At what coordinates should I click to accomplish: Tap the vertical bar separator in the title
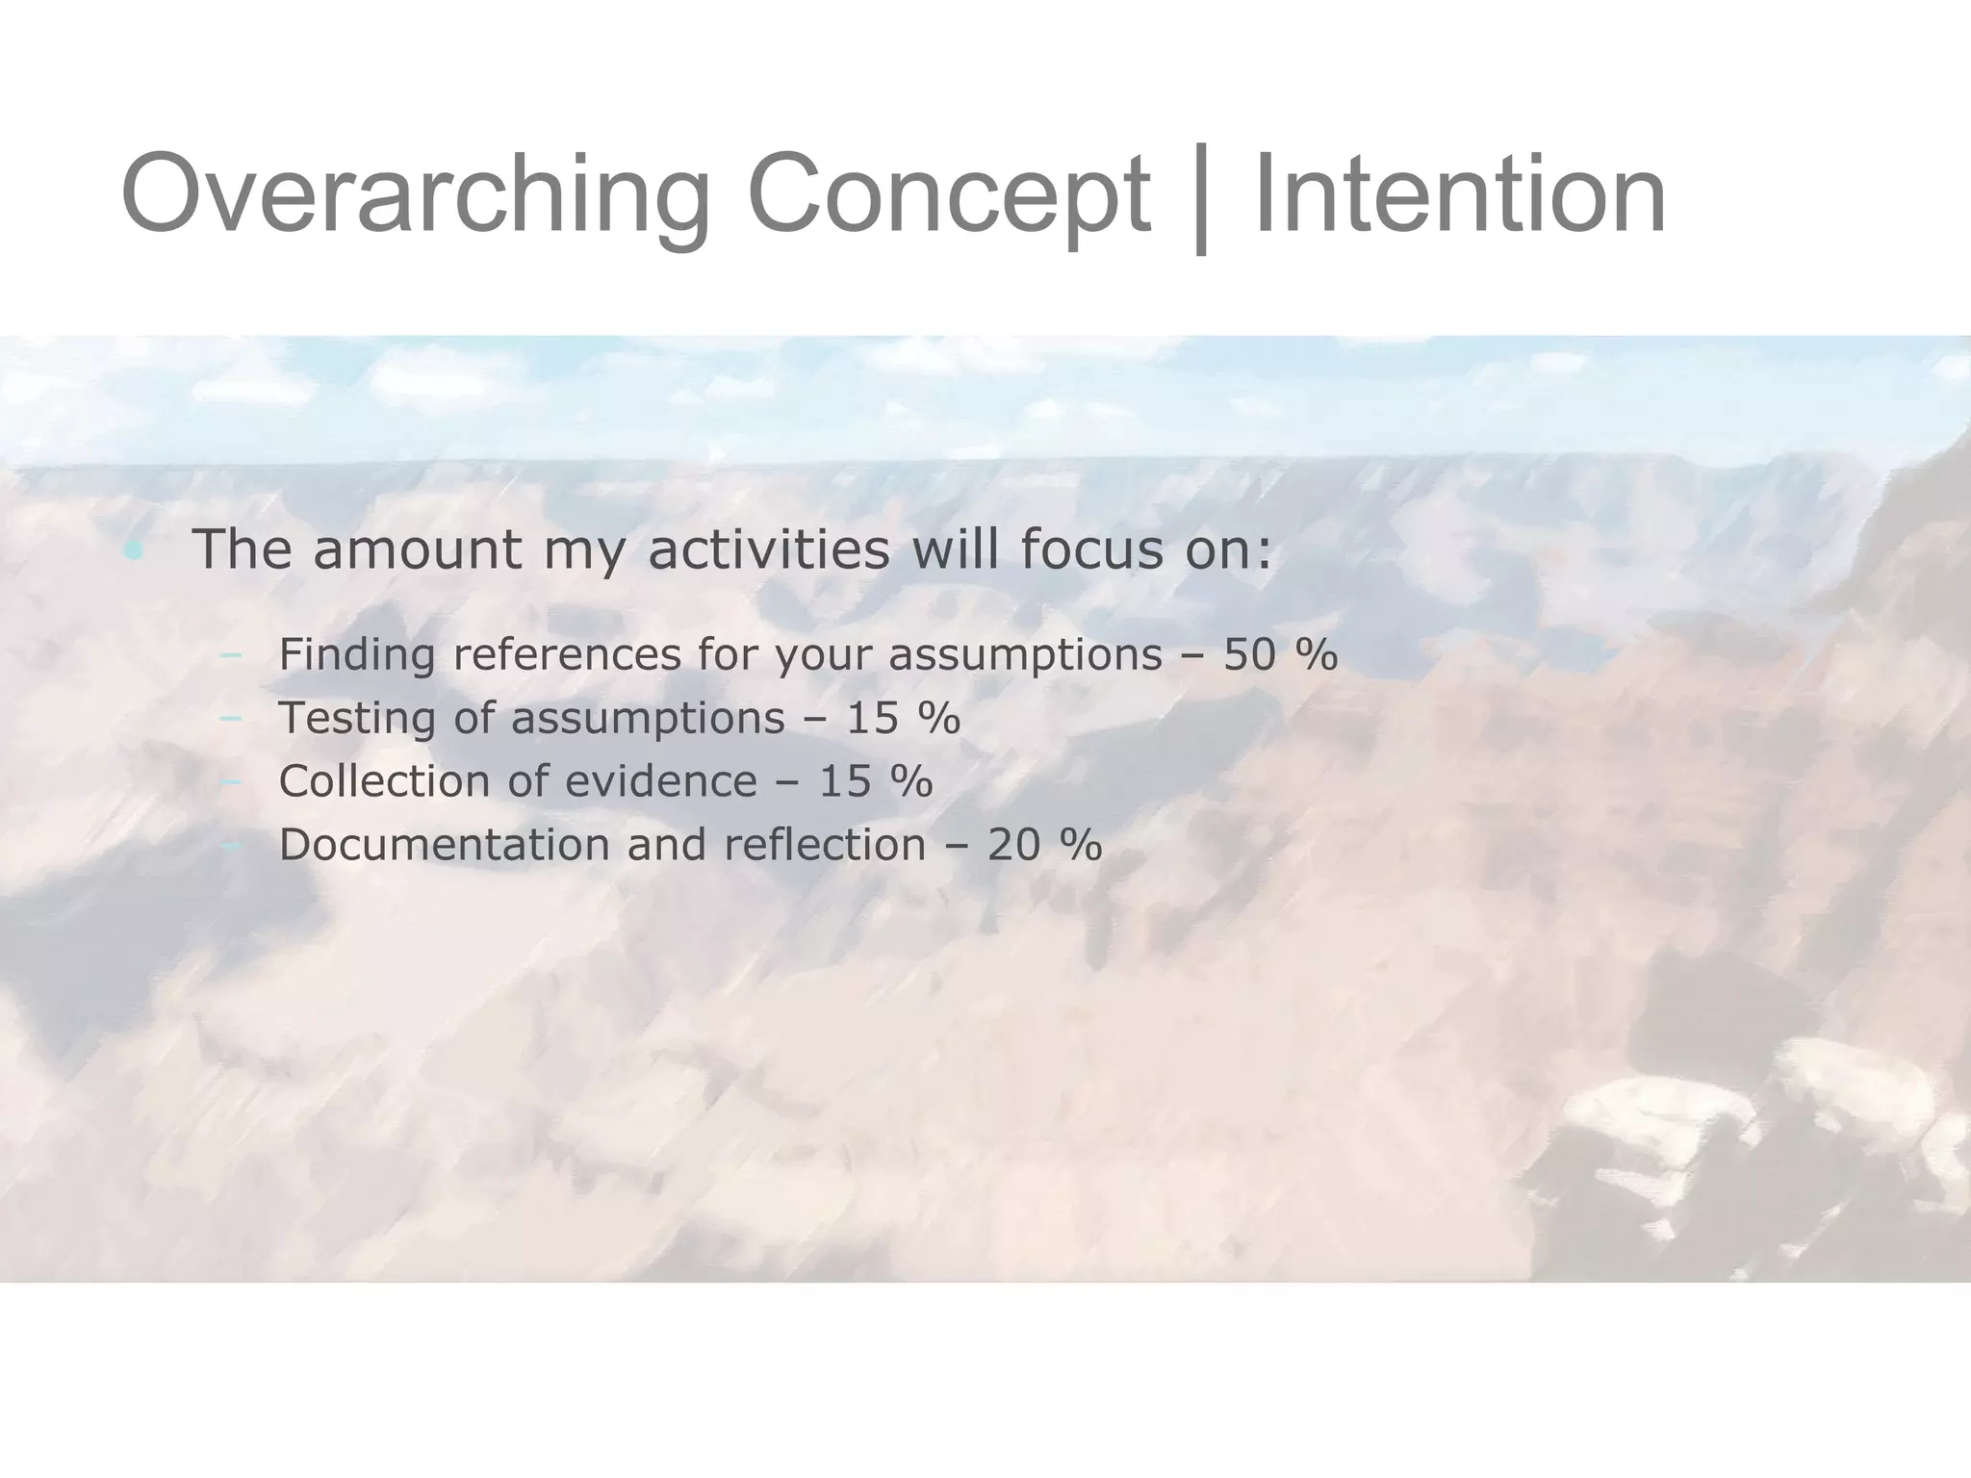[x=1200, y=197]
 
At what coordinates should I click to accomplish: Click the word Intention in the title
[x=1460, y=192]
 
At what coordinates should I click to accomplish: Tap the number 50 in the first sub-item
[x=1249, y=655]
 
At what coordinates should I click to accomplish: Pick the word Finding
[x=357, y=655]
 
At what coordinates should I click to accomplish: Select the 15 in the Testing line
[x=872, y=719]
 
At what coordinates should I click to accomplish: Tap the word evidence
[x=660, y=781]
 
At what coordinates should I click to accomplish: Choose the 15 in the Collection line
[x=845, y=781]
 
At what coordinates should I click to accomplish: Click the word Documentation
[x=444, y=845]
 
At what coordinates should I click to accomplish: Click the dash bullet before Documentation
[x=230, y=846]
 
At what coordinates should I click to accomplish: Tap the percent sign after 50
[x=1316, y=655]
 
